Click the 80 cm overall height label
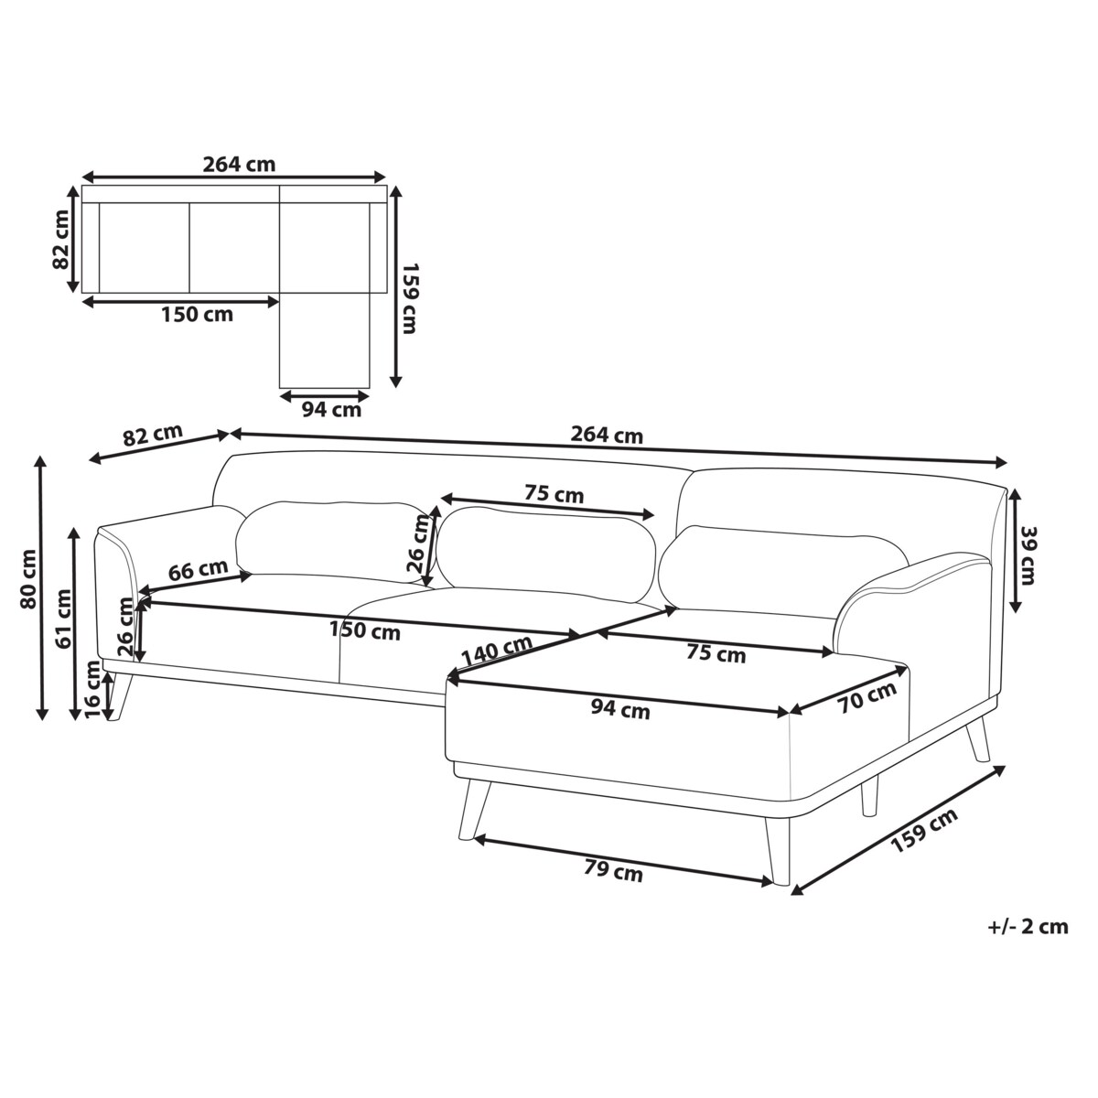(x=28, y=579)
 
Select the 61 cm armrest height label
(x=64, y=619)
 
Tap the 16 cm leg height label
(x=93, y=690)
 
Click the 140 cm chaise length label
(x=497, y=650)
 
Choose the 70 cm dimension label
(x=867, y=697)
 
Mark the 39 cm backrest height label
(x=1028, y=555)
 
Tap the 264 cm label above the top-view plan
(x=240, y=164)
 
